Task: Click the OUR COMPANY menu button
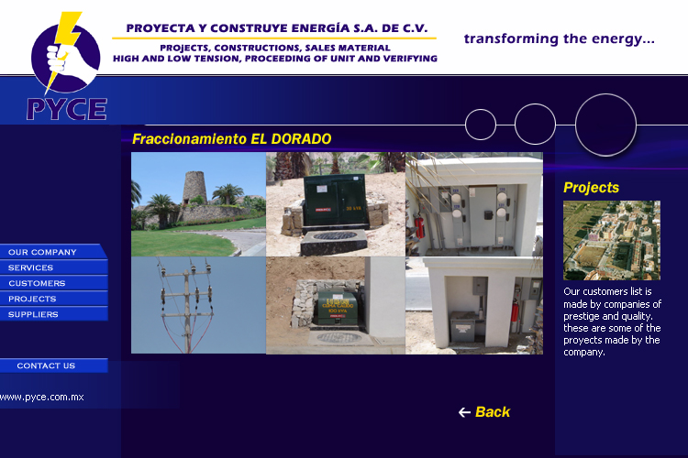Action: pyautogui.click(x=52, y=252)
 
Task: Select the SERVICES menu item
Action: pyautogui.click(x=52, y=267)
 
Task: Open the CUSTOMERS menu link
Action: pyautogui.click(x=52, y=283)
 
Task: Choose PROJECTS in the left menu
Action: pyautogui.click(x=52, y=299)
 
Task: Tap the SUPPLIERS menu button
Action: pyautogui.click(x=52, y=314)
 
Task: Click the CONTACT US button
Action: pyautogui.click(x=52, y=365)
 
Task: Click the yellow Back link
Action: pyautogui.click(x=493, y=412)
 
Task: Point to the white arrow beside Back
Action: pyautogui.click(x=464, y=412)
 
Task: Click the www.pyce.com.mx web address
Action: pyautogui.click(x=41, y=397)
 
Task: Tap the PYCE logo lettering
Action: pyautogui.click(x=67, y=109)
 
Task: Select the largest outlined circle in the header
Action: pyautogui.click(x=605, y=94)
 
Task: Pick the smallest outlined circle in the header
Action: pyautogui.click(x=481, y=110)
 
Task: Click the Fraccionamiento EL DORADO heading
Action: pyautogui.click(x=232, y=139)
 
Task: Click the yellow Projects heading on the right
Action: pyautogui.click(x=591, y=188)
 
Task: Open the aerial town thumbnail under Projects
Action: pyautogui.click(x=612, y=240)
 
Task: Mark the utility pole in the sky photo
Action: pyautogui.click(x=187, y=307)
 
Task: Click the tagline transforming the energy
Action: pyautogui.click(x=560, y=39)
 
